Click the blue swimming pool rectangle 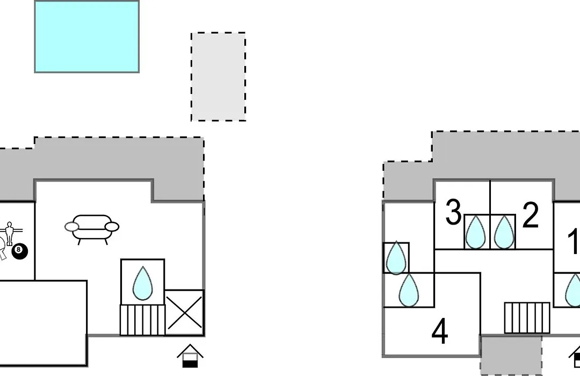tap(87, 37)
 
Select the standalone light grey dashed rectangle tap(218, 77)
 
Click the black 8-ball tap(20, 252)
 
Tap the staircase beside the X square tap(142, 320)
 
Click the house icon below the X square tap(190, 356)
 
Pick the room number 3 tap(453, 212)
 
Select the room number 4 tap(440, 331)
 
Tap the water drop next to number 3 tap(475, 233)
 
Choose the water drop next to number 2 tap(504, 233)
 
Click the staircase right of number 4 tap(527, 318)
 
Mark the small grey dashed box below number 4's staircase tap(511, 355)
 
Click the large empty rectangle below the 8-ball tap(44, 323)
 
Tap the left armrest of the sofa tap(72, 227)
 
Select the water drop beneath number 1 tap(574, 290)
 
